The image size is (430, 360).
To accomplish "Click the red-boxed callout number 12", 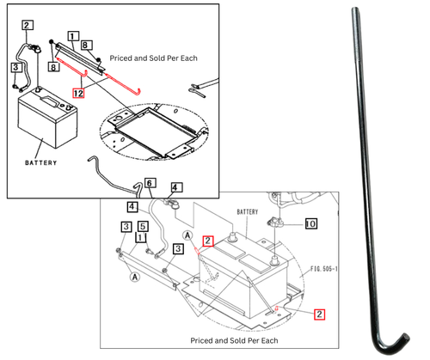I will tap(78, 92).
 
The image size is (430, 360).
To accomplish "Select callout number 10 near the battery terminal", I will tap(310, 223).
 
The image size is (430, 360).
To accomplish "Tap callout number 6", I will tap(149, 183).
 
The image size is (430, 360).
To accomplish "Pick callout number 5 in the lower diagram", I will tap(142, 228).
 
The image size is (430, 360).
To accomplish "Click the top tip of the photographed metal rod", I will tap(355, 7).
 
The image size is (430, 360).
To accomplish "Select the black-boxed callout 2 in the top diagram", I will tap(28, 26).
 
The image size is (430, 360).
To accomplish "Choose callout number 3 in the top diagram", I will tap(16, 67).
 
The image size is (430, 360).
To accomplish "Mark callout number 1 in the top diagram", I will tap(85, 37).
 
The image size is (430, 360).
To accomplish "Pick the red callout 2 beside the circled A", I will tap(206, 241).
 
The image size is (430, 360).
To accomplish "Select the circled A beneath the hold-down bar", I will tap(134, 278).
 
